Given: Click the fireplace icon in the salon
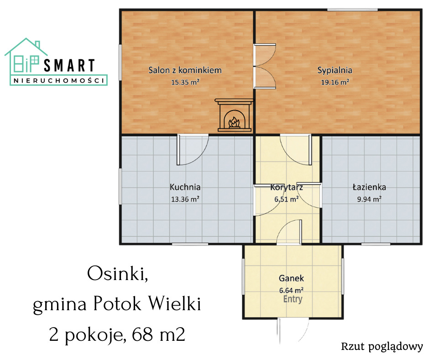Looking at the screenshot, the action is (x=234, y=115).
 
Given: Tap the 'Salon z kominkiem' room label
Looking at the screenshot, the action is (x=185, y=70).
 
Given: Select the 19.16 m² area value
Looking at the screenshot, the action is (x=335, y=82).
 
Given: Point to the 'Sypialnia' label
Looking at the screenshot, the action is (x=335, y=70).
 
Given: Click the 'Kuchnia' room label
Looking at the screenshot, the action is (x=185, y=187).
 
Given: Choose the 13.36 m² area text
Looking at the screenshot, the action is (x=185, y=199).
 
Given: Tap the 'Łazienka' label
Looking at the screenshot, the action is (x=369, y=187).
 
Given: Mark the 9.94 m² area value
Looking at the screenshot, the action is (x=369, y=199).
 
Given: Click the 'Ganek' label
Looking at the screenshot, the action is (x=291, y=278).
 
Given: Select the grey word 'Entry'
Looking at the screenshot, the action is (x=293, y=299).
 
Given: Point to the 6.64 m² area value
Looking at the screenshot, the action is (x=291, y=290).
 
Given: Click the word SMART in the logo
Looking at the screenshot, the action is (x=69, y=66).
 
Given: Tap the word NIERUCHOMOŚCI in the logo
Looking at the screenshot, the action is (x=59, y=80).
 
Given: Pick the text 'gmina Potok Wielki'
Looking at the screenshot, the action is (x=117, y=304).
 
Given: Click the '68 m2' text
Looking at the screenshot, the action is (x=158, y=334).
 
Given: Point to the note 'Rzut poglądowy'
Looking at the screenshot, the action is (x=382, y=347).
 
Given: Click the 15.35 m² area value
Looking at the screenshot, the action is (x=185, y=82).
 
